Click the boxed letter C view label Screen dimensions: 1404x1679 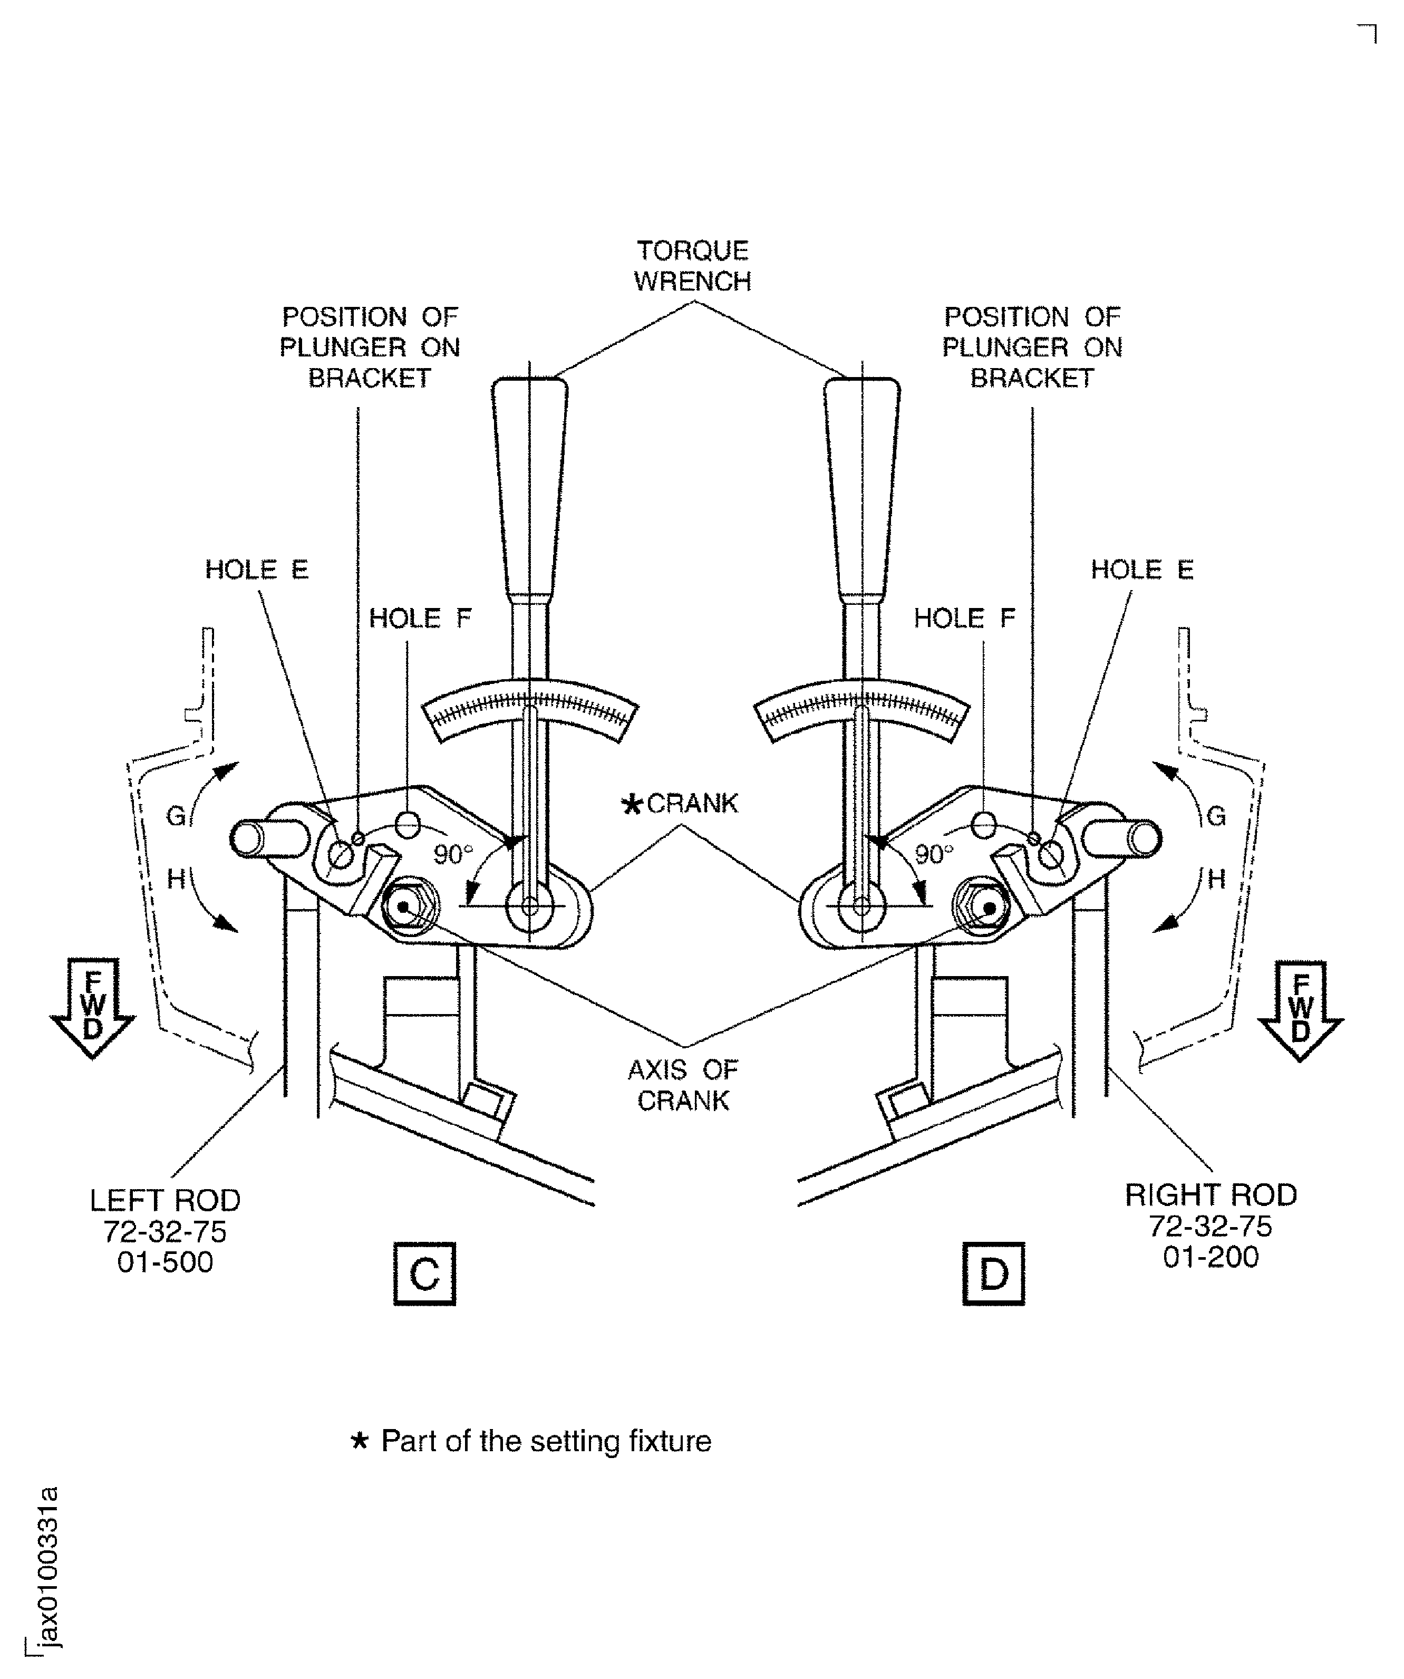(x=424, y=1273)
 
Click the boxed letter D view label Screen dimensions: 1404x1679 (x=993, y=1273)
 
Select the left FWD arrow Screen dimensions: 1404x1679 (x=93, y=1008)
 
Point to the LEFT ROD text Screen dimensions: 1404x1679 (x=164, y=1200)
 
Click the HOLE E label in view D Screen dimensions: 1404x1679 (x=1142, y=570)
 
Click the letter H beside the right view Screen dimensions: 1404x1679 (x=1216, y=880)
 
